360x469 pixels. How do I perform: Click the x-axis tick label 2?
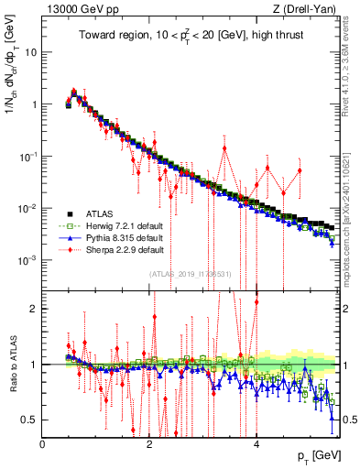pos(150,443)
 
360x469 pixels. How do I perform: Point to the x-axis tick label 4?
pos(256,443)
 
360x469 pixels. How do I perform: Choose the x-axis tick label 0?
pos(43,443)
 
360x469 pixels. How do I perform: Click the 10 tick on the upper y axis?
pos(30,51)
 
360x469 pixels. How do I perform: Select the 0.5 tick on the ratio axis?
pos(30,420)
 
